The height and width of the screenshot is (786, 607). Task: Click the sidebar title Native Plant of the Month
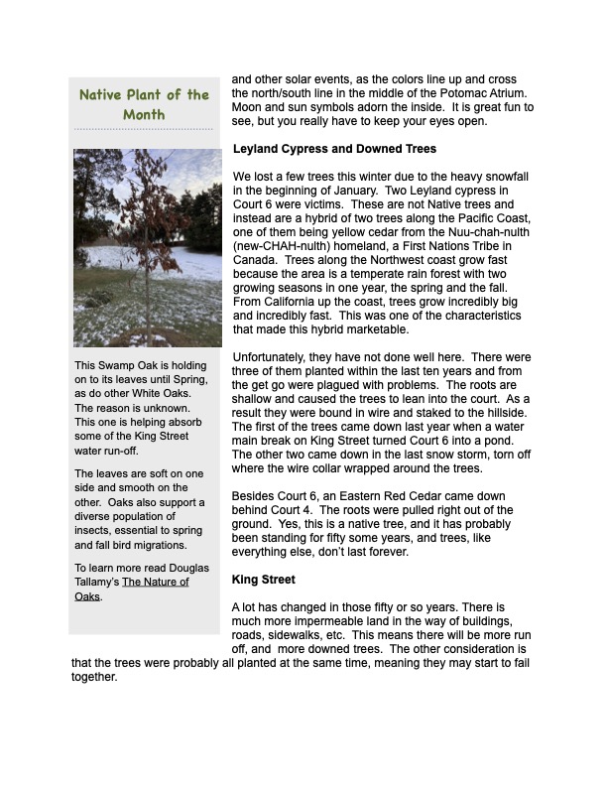click(144, 104)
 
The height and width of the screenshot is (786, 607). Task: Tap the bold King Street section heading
click(265, 578)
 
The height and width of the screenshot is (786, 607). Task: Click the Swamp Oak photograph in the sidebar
click(148, 247)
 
